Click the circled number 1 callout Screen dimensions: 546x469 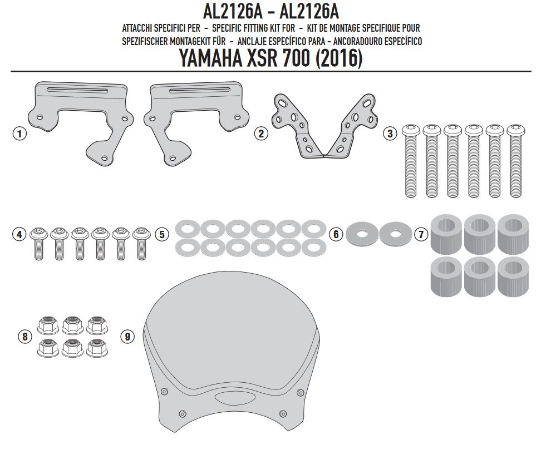point(19,134)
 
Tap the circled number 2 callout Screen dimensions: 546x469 point(261,134)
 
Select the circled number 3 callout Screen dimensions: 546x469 point(390,134)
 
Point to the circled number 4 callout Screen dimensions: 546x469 point(19,234)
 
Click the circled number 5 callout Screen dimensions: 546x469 point(162,234)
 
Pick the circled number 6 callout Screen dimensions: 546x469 point(336,234)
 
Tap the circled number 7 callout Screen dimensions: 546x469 point(421,234)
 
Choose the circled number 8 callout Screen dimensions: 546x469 point(24,337)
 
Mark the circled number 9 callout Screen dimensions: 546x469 point(127,337)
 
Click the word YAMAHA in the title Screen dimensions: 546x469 point(211,58)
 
